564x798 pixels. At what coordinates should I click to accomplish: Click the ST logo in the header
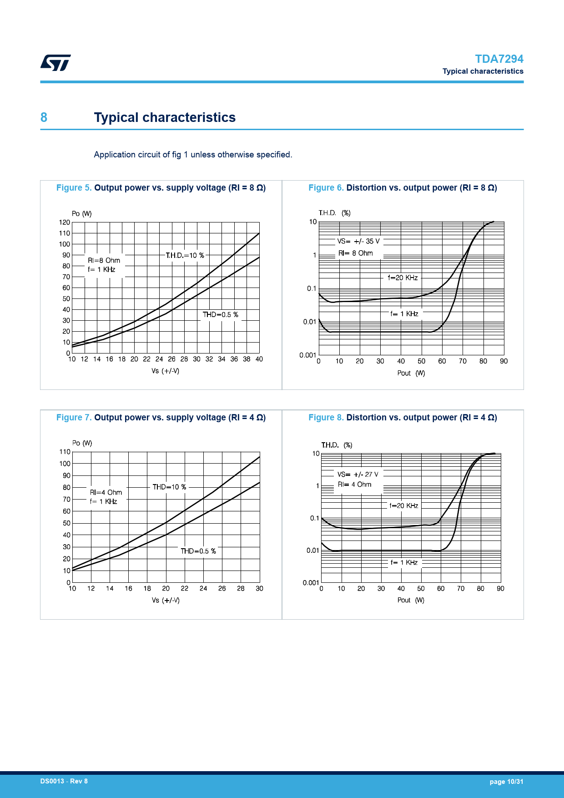(x=55, y=63)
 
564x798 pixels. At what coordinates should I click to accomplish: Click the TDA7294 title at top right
(x=499, y=59)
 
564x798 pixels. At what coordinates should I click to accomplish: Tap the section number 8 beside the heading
(x=44, y=117)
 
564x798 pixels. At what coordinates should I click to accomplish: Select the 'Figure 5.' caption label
(x=74, y=188)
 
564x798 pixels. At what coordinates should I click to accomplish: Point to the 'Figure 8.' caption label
(x=326, y=418)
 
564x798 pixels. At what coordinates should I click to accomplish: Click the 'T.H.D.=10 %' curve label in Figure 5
(x=185, y=256)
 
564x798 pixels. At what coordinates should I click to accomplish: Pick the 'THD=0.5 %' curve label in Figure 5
(x=220, y=315)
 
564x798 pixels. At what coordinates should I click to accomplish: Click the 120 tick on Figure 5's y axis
(x=65, y=222)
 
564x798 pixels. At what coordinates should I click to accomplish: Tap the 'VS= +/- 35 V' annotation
(x=358, y=242)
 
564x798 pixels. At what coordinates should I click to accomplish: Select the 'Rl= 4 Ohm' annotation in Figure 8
(x=354, y=485)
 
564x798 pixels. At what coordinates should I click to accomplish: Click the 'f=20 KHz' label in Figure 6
(x=403, y=278)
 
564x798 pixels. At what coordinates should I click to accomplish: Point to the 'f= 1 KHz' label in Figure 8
(x=404, y=563)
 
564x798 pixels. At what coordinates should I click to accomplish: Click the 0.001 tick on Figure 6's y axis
(x=307, y=355)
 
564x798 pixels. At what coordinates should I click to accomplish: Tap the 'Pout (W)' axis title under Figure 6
(x=411, y=373)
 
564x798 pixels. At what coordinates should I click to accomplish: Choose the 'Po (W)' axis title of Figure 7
(x=82, y=443)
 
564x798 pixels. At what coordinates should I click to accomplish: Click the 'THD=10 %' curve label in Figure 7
(x=169, y=487)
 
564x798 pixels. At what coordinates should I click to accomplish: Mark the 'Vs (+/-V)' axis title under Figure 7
(x=166, y=601)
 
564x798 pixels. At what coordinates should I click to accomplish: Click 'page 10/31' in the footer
(x=506, y=782)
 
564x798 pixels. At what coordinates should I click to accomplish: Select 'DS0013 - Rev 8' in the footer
(x=64, y=781)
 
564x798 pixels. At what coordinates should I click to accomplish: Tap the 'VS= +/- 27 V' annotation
(x=358, y=475)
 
